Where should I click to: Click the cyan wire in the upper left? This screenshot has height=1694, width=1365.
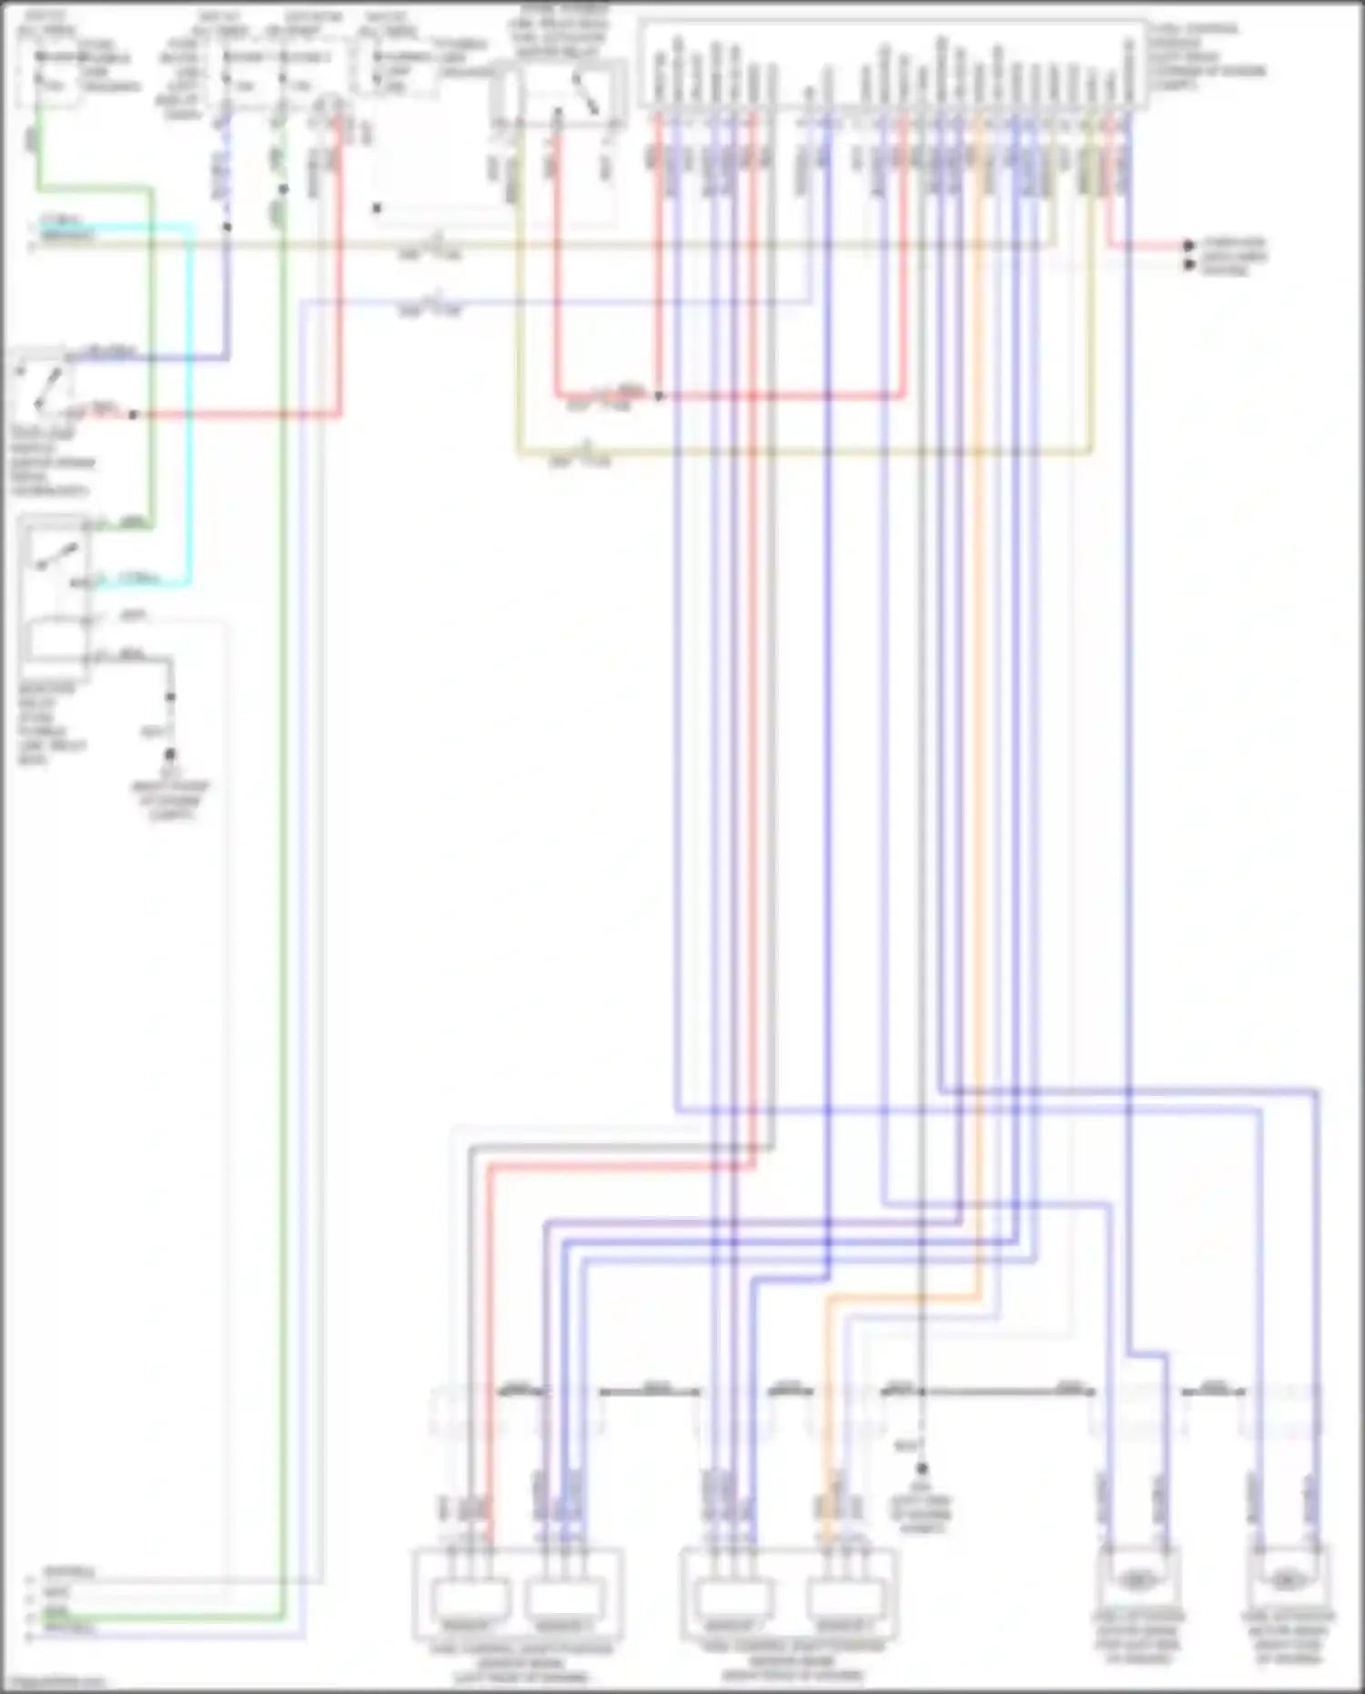click(x=191, y=410)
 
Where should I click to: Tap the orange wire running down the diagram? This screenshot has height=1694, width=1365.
click(x=979, y=728)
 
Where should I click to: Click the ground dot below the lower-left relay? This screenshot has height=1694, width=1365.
click(x=170, y=755)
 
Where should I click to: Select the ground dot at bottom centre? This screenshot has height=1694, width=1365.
click(x=922, y=1467)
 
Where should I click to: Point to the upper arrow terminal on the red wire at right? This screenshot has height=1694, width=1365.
click(x=1188, y=245)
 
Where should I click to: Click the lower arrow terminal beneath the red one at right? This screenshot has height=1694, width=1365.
click(x=1188, y=265)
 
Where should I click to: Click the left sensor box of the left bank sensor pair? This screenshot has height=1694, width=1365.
click(x=470, y=1599)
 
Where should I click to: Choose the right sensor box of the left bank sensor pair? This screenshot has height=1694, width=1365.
click(x=561, y=1599)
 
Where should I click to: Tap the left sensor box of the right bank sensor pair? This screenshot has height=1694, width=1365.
click(x=735, y=1599)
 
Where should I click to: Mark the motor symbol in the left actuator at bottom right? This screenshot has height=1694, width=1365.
click(x=1137, y=1579)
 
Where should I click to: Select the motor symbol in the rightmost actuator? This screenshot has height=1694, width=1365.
click(x=1287, y=1579)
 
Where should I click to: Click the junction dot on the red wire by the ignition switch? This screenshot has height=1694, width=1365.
click(x=133, y=415)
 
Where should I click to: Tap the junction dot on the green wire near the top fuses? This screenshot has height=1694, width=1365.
click(x=284, y=189)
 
